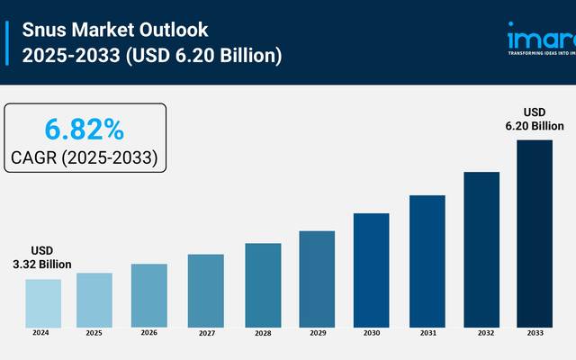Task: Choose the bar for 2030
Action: [371, 269]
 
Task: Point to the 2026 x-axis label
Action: [148, 332]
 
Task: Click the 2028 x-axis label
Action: [262, 333]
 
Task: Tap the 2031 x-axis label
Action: [427, 333]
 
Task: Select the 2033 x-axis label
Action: [535, 333]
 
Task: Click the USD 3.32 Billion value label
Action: [42, 257]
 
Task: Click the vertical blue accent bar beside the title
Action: [8, 42]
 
